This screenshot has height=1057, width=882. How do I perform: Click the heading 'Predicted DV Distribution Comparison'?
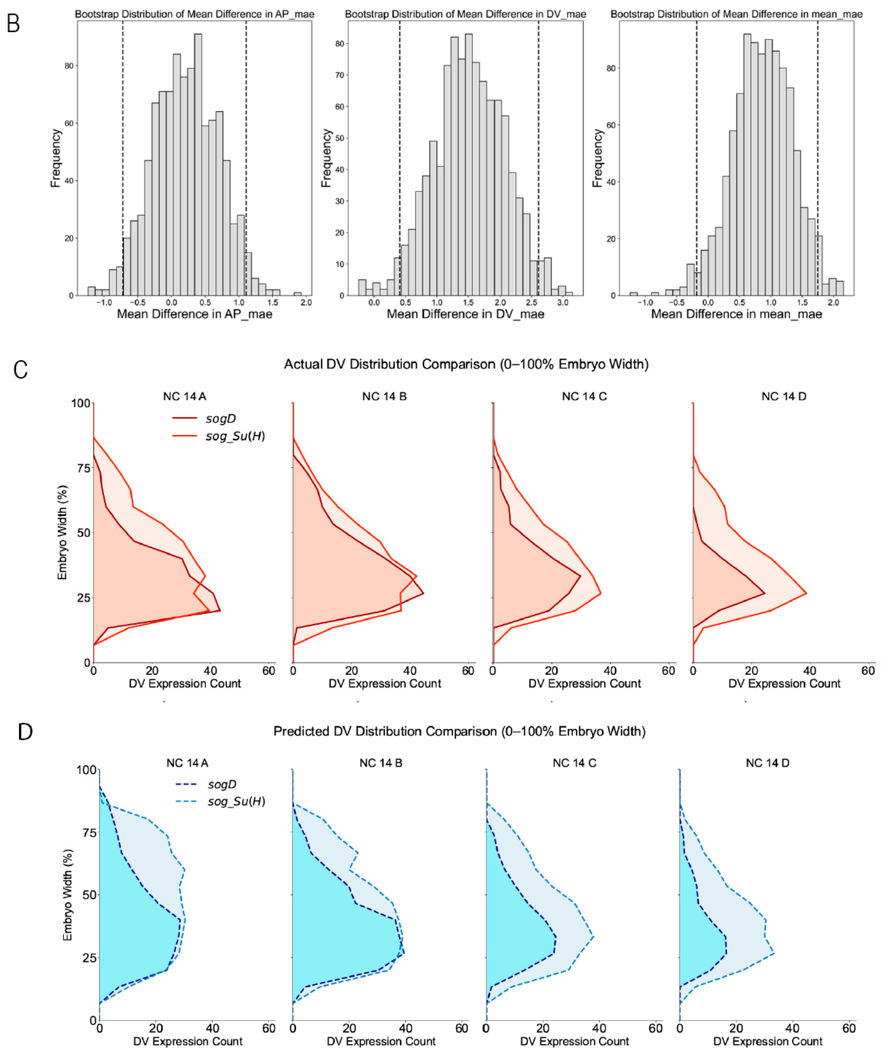tap(459, 731)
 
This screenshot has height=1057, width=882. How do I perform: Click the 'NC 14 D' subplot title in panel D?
tap(767, 763)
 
